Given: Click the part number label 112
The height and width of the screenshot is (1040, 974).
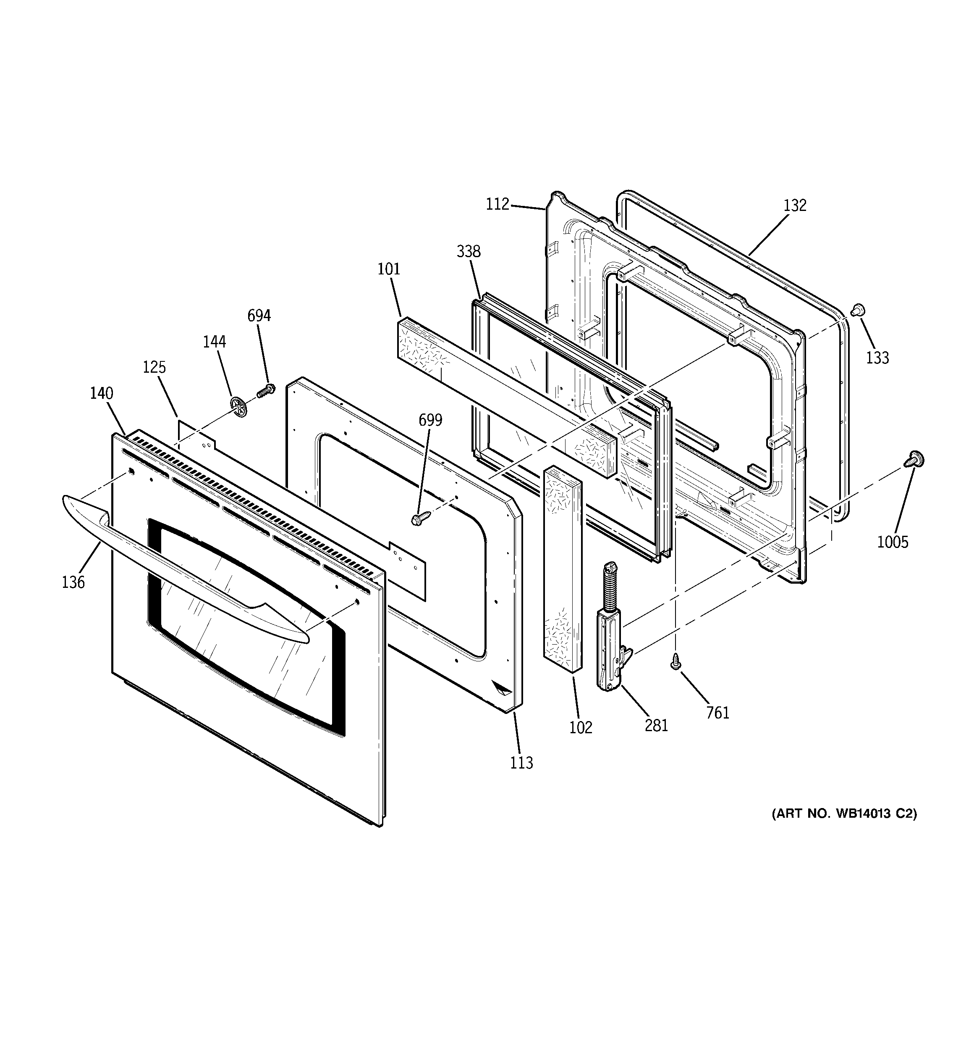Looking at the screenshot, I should tap(497, 204).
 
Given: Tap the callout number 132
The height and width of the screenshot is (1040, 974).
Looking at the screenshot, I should tap(795, 205).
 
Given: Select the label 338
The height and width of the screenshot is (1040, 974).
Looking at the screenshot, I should tap(469, 252).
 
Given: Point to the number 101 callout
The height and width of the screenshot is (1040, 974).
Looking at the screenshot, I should tap(389, 269).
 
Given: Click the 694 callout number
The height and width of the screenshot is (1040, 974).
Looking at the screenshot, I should tap(259, 316).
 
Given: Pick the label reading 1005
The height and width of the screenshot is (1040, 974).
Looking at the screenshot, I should tap(893, 542).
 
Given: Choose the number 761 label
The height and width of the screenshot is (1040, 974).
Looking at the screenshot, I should tap(718, 713).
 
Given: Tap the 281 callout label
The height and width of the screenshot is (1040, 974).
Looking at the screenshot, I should tap(657, 726).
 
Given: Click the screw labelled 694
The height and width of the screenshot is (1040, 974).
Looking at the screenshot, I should tap(267, 390).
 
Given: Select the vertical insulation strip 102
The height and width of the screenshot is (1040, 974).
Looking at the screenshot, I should tap(563, 568).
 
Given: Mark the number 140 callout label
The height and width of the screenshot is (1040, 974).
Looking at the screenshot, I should tap(102, 393).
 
